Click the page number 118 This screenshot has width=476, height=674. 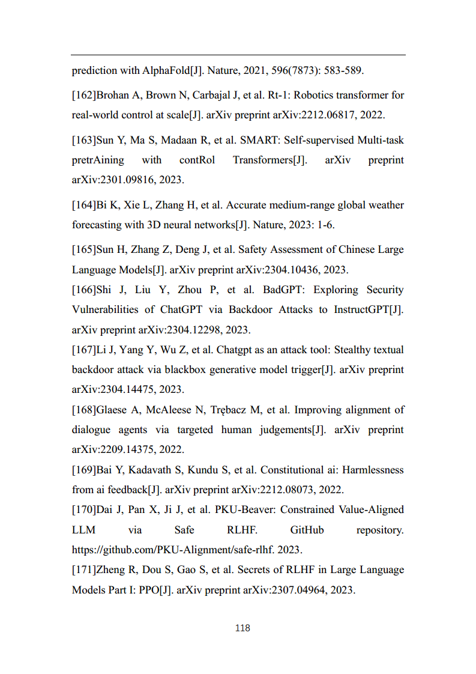(243, 628)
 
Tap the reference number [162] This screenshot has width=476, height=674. (84, 95)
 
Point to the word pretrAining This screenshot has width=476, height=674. (98, 160)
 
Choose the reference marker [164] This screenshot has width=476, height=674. (84, 205)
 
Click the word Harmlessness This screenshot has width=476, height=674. (374, 469)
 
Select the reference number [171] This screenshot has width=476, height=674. (84, 569)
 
